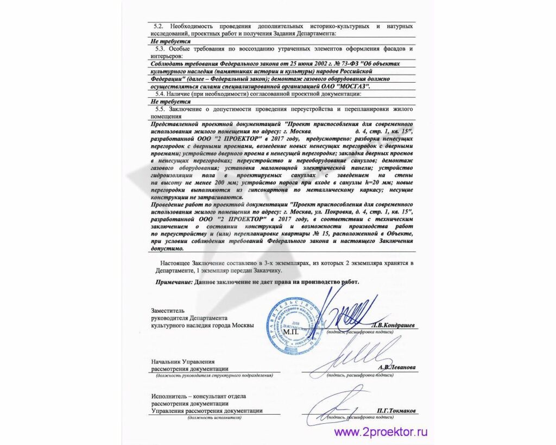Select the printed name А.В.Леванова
click(396, 368)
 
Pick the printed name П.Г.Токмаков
click(395, 411)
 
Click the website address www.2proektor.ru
click(381, 433)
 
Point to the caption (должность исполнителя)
click(215, 417)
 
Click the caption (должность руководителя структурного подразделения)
click(214, 375)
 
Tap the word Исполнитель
click(171, 397)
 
